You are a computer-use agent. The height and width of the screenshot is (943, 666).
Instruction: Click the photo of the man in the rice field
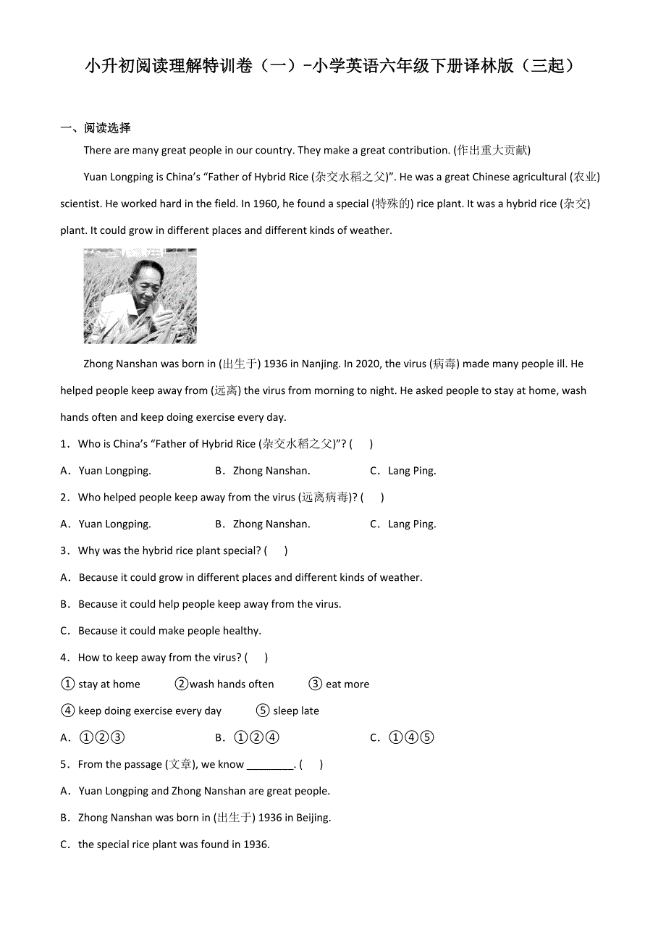click(x=140, y=296)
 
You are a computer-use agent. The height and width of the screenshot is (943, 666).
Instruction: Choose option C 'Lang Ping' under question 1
click(x=411, y=471)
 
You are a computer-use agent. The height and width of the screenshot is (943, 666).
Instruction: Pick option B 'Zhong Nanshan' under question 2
click(x=271, y=524)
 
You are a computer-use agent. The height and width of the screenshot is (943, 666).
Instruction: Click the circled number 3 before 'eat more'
click(x=315, y=684)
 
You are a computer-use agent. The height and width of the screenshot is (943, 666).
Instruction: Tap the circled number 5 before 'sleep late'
click(x=263, y=711)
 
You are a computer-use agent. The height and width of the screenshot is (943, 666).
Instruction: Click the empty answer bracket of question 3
click(x=276, y=551)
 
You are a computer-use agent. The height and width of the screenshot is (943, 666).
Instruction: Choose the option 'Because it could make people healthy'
click(x=169, y=631)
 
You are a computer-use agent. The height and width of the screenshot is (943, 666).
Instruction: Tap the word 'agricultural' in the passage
click(x=530, y=177)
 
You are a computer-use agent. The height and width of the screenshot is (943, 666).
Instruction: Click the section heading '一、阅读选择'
click(x=96, y=128)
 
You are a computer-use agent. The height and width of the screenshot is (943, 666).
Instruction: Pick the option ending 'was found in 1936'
click(x=174, y=844)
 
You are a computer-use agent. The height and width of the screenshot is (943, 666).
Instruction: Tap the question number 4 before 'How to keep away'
click(x=64, y=658)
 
